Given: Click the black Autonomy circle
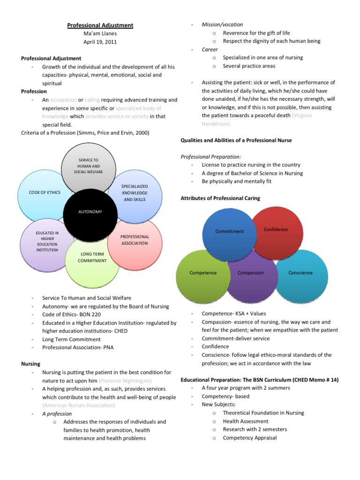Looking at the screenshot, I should point(90,212).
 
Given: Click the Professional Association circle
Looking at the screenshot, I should point(135,240).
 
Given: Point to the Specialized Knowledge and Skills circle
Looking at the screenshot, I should point(135,193).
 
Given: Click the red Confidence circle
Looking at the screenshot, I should point(276,229).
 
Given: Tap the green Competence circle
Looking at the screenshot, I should point(203,273).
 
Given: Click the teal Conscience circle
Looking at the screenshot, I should point(300,273).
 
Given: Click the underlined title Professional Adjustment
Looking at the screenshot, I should point(100,25).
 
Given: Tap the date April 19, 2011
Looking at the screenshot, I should point(100,42).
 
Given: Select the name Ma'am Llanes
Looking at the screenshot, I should point(100,34).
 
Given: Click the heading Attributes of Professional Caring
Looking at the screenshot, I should point(220,198).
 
